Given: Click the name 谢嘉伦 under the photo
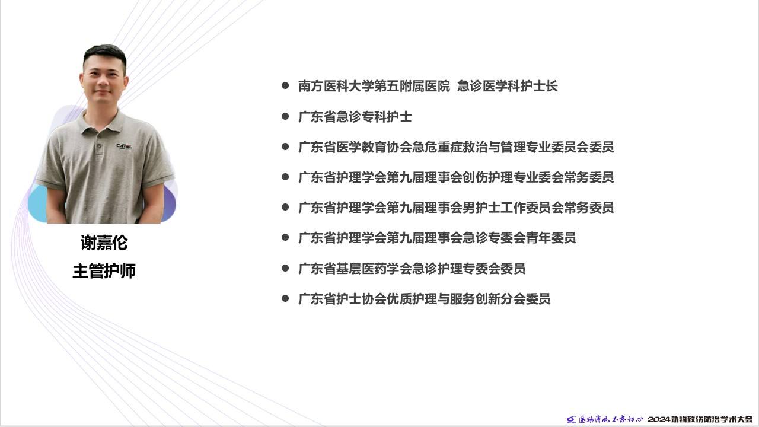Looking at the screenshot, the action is click(x=104, y=243).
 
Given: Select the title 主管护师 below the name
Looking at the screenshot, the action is click(x=104, y=271).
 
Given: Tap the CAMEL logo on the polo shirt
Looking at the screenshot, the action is click(x=125, y=146).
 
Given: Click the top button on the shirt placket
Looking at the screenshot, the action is click(x=99, y=146).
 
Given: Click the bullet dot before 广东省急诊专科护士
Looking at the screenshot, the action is click(x=285, y=117).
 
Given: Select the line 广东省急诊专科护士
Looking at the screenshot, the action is click(x=355, y=117).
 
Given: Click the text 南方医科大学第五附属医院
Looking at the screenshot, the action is click(x=374, y=86).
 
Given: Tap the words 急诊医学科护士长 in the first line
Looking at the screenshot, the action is click(x=507, y=86).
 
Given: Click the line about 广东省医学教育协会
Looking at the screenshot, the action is click(x=456, y=147).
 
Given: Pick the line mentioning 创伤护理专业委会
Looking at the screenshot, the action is click(x=456, y=177).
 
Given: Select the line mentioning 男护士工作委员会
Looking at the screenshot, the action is click(x=456, y=208).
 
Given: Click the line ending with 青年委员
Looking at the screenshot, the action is click(x=437, y=238).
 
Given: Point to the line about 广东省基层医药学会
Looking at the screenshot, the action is click(x=412, y=269).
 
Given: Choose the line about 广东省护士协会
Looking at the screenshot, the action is click(x=424, y=299).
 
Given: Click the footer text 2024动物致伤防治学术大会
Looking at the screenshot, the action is click(x=700, y=419).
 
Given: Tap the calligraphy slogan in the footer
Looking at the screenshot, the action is click(x=610, y=419).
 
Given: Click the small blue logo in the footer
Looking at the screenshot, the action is click(x=571, y=420).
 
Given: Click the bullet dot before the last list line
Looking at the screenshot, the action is click(x=285, y=298).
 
